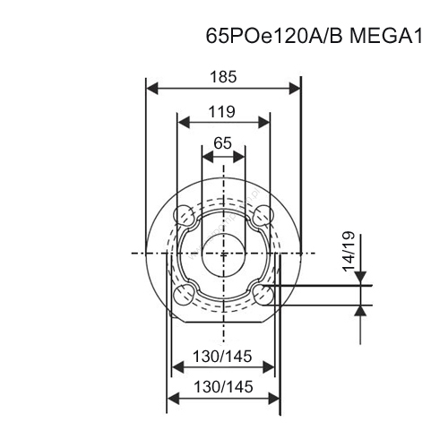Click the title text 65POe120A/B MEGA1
coord(314,37)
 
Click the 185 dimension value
coord(223,77)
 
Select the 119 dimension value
coord(222,112)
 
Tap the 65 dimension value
coord(223,143)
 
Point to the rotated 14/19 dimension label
coord(349,251)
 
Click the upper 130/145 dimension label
coord(222,356)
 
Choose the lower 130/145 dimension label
coord(223,387)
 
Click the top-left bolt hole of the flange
coord(183,215)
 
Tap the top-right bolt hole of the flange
coord(263,215)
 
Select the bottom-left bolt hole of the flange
coord(183,295)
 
